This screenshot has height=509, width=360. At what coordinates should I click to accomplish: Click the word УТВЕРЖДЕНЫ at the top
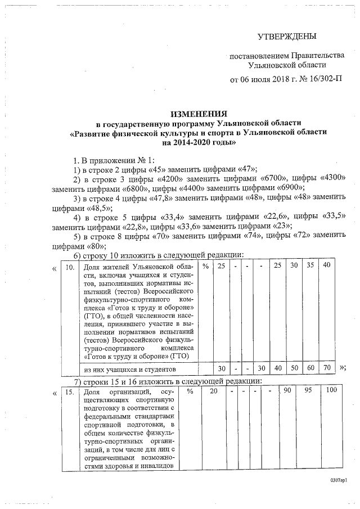[287, 37]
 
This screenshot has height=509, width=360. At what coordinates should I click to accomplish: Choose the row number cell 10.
[69, 267]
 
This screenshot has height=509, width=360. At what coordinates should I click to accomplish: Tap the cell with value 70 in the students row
[326, 367]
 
